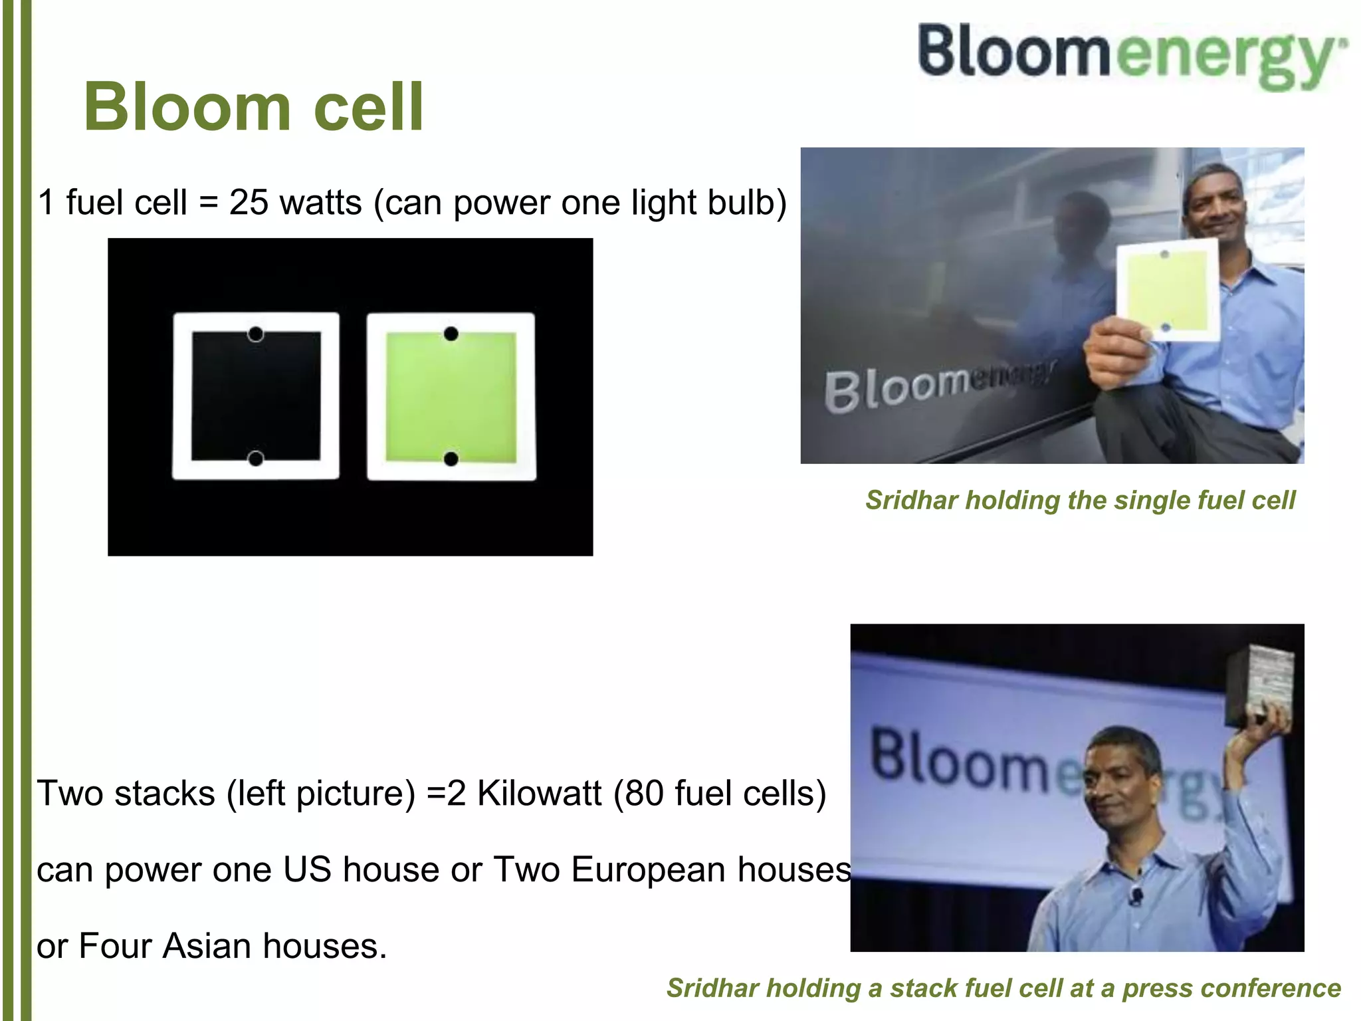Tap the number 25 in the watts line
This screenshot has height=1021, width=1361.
[249, 202]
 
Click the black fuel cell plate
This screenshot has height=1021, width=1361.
[256, 396]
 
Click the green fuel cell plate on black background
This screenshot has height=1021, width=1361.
[451, 396]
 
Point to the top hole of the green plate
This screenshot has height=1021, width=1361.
[451, 334]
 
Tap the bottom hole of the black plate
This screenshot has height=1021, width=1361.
[256, 458]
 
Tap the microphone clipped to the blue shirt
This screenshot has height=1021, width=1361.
[1136, 895]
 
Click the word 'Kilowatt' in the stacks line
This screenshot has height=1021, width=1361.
[539, 793]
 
